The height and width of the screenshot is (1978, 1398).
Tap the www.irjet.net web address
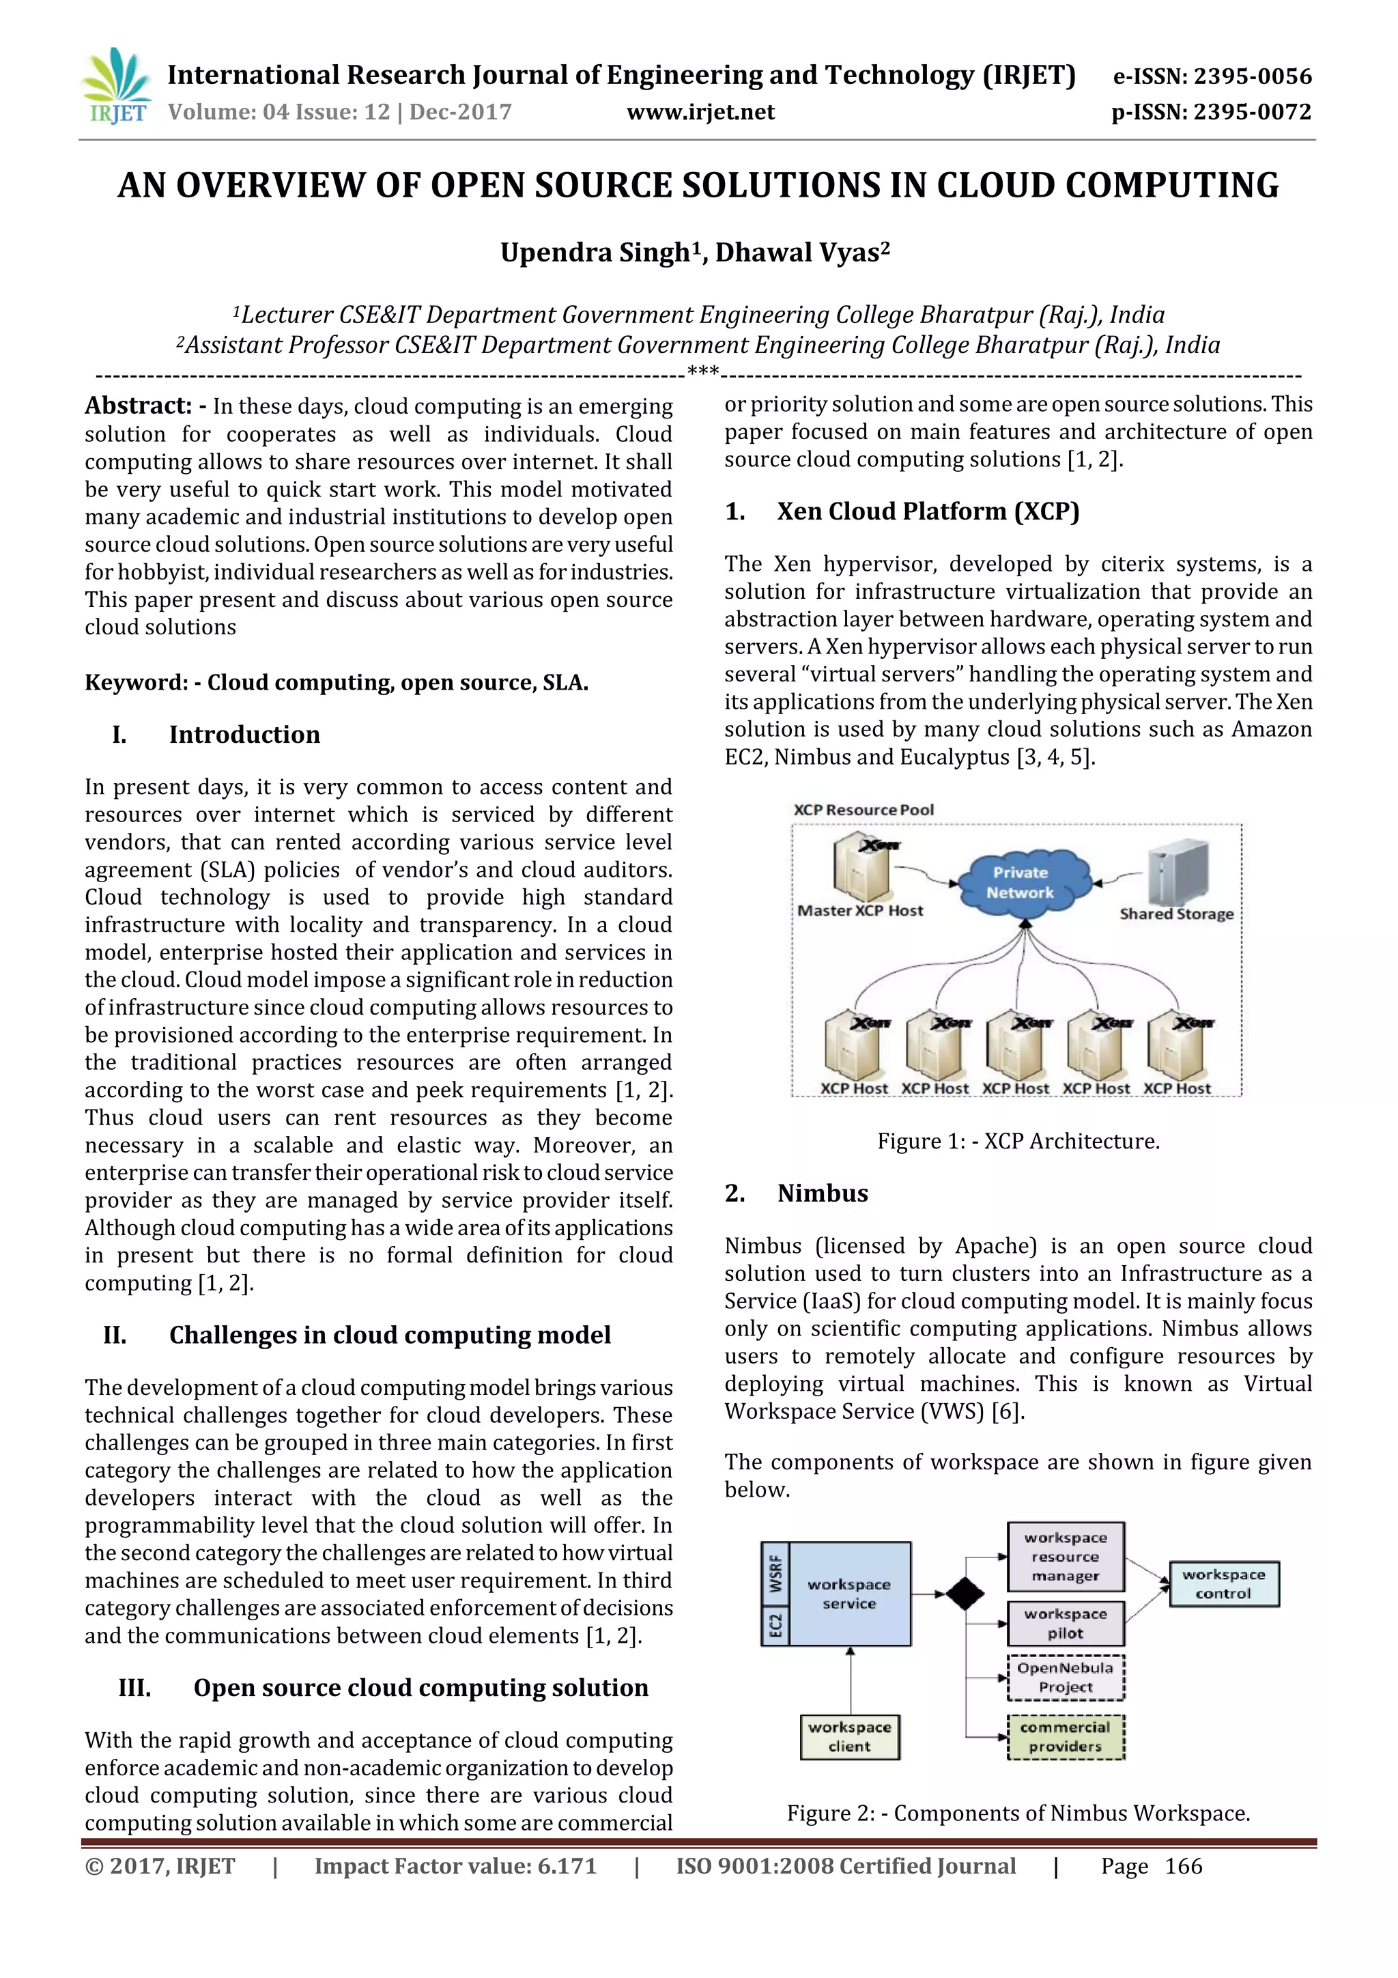700,112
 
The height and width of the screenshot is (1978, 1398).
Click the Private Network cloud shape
1020,882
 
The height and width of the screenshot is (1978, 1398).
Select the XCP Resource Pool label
863,810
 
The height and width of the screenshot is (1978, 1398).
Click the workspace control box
1223,1583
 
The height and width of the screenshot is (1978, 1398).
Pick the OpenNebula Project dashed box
1066,1678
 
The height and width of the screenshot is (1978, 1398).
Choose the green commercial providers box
1066,1737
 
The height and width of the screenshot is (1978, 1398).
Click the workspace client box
849,1737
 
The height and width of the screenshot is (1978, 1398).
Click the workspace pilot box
1066,1623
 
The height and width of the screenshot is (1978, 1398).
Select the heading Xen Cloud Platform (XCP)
928,511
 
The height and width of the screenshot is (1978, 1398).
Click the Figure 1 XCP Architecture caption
1018,1142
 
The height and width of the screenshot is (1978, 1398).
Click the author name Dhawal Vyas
802,253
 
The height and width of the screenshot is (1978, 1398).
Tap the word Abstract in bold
138,406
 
